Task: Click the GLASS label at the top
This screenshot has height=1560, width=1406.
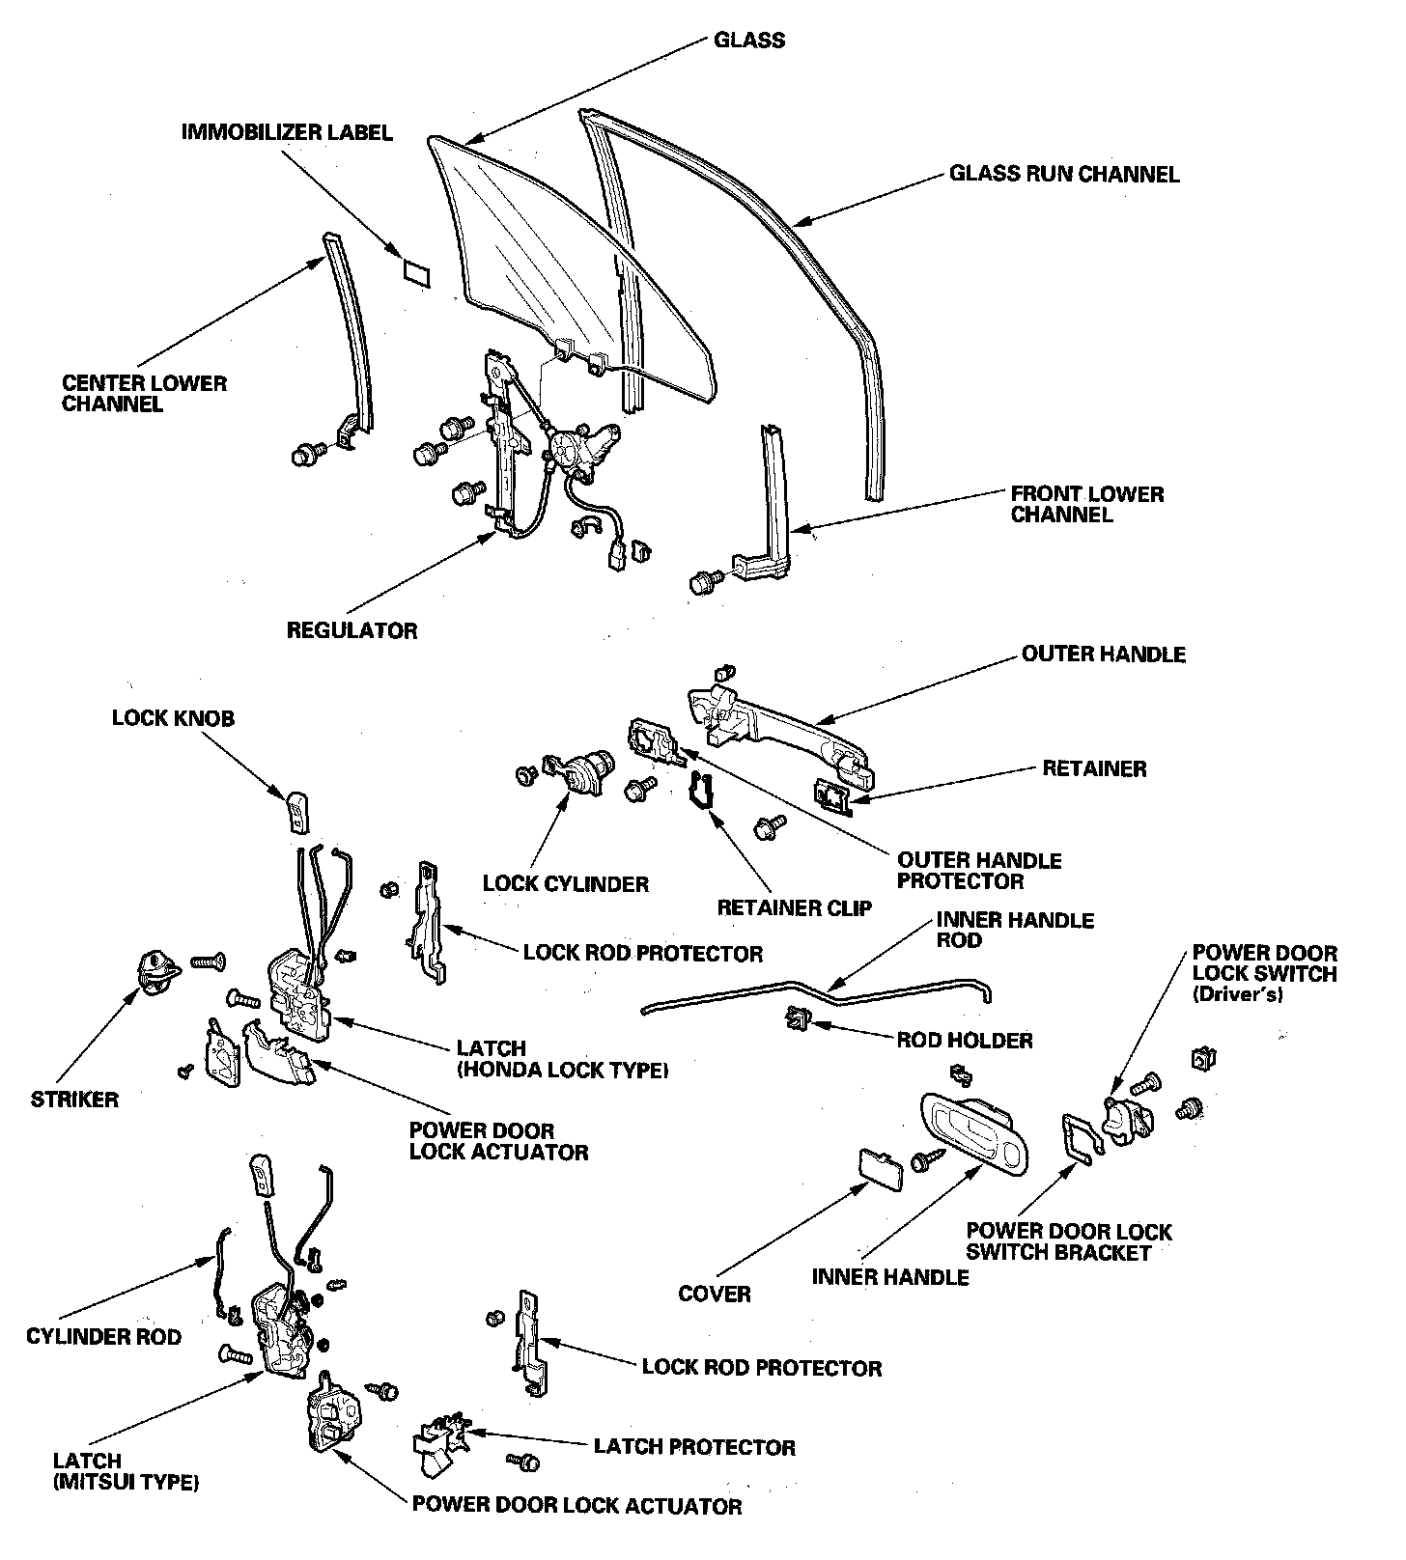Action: [x=748, y=41]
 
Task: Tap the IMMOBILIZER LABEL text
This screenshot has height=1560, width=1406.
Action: [x=287, y=132]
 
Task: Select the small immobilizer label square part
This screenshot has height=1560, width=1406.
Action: [x=416, y=270]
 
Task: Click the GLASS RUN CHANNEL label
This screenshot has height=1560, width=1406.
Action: [x=1064, y=175]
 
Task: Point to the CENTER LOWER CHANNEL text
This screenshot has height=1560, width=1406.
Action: [x=144, y=393]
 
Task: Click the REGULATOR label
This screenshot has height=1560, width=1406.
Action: [x=351, y=631]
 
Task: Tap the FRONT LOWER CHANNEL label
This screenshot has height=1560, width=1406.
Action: [x=1087, y=504]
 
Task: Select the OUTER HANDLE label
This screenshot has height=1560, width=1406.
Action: [x=1103, y=655]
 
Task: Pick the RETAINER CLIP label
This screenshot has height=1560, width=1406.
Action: [x=794, y=908]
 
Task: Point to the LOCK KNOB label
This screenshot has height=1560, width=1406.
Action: [x=173, y=718]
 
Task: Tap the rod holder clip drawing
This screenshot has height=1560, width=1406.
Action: [x=800, y=1017]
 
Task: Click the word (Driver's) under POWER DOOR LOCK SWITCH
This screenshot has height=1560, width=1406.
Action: [x=1237, y=995]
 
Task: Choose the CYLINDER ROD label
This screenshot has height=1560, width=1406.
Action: [x=103, y=1337]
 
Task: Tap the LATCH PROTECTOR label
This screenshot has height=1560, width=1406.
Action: [x=694, y=1447]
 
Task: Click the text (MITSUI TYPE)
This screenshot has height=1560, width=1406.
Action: [x=127, y=1482]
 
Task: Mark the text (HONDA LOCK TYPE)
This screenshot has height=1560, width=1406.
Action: [x=563, y=1070]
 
